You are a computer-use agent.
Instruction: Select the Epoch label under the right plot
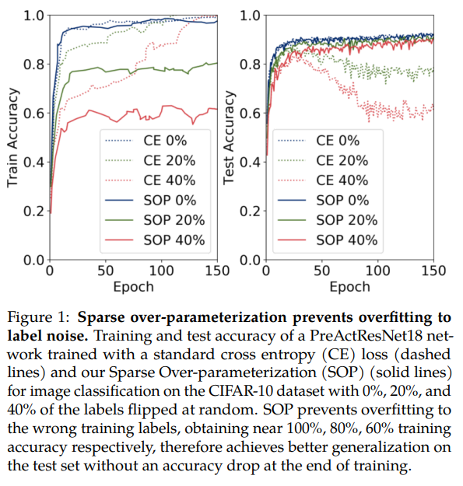click(x=349, y=287)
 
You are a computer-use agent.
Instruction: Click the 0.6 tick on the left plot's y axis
click(x=33, y=113)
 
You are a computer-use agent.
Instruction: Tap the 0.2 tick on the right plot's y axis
click(x=249, y=211)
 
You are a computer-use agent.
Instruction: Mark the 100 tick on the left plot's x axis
click(x=161, y=271)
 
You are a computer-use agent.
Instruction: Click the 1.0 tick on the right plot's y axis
click(x=249, y=15)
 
